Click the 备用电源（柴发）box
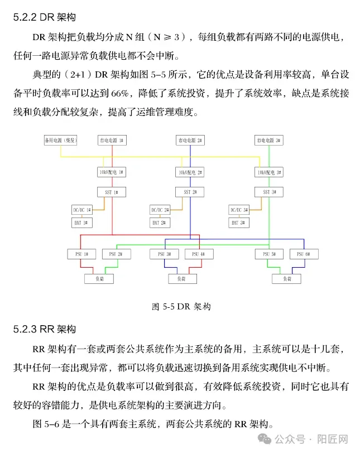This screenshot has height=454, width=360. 60,140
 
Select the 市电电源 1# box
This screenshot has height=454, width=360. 112,140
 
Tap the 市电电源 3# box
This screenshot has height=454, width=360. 270,140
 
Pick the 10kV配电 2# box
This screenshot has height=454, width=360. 190,172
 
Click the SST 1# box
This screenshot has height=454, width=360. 112,192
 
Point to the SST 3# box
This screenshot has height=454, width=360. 270,192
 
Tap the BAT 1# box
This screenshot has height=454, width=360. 81,223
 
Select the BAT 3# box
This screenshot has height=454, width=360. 239,223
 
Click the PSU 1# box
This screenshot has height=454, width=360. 81,254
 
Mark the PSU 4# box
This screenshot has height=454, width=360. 199,254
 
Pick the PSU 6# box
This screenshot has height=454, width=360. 304,254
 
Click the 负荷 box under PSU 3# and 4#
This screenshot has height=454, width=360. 181,278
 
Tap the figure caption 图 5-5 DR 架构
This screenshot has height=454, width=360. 181,306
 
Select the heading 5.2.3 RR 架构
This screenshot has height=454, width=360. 44,329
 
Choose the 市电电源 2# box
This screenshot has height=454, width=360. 190,140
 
